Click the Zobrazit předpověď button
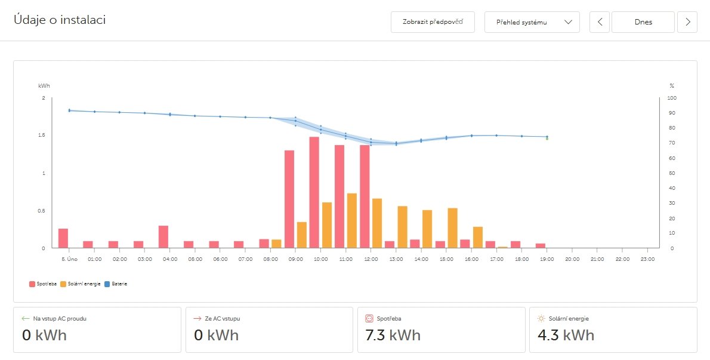433,22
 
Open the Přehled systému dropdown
532,22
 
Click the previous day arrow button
600,22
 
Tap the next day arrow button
687,22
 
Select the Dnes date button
643,22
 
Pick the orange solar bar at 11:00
352,220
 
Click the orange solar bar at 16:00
477,237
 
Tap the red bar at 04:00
163,236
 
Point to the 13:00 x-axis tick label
396,260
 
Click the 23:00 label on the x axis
647,260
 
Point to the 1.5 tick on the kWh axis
42,136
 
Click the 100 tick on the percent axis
672,98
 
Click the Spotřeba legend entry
42,284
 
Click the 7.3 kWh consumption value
393,335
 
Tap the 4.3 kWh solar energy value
564,335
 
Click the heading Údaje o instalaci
60,20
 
